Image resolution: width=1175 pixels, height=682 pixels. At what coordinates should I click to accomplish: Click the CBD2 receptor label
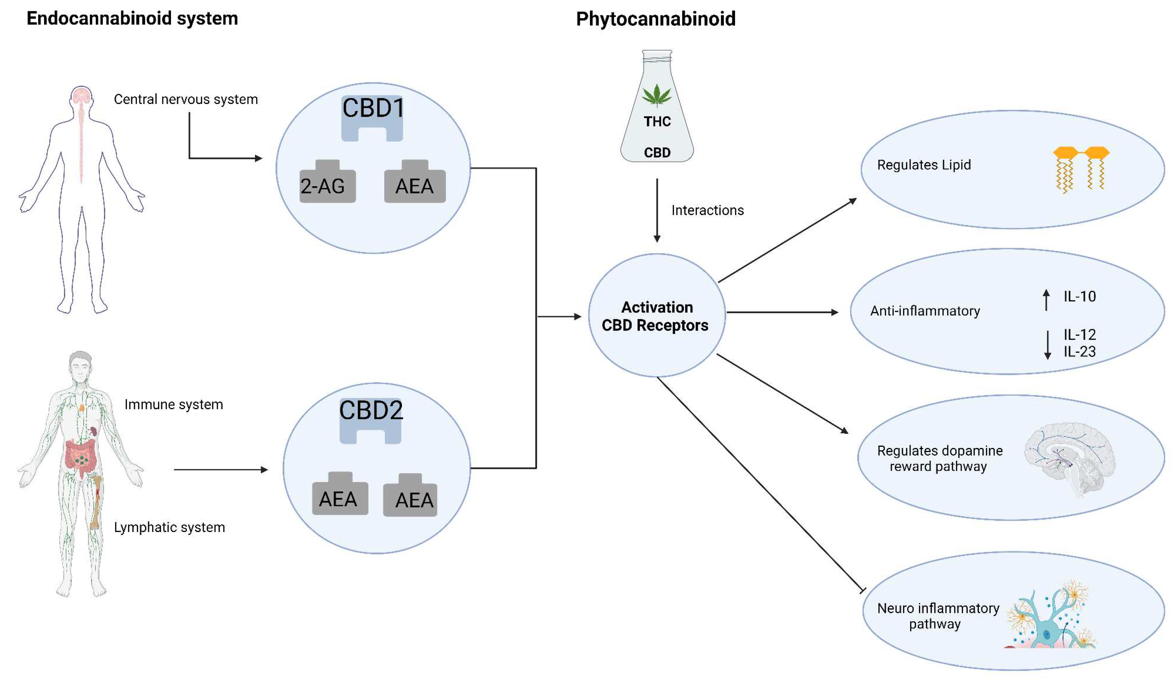(x=371, y=410)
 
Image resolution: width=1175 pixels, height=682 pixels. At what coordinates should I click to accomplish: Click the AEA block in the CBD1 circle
(x=414, y=186)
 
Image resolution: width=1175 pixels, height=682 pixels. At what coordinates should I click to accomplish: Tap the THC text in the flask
(x=657, y=122)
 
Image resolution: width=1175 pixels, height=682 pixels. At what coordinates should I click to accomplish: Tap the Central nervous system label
(x=186, y=99)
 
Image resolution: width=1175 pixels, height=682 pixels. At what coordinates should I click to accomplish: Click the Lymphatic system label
(x=169, y=527)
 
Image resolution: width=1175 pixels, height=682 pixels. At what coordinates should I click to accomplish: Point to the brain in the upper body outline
(x=82, y=96)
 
